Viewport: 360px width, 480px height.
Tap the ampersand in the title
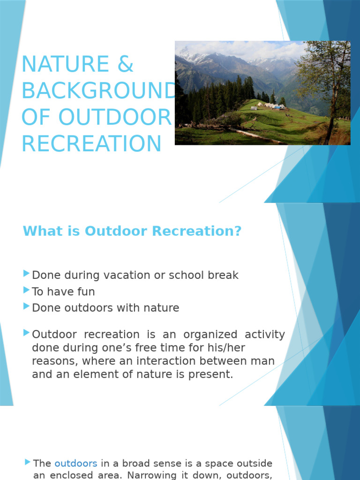click(125, 64)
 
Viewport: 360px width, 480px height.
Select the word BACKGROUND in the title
click(98, 91)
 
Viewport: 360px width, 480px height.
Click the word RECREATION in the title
click(91, 144)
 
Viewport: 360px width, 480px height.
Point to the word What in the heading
click(40, 231)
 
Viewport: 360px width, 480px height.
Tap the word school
click(183, 275)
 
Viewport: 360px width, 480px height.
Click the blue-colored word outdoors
click(76, 464)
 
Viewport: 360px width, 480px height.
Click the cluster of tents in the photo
click(271, 107)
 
